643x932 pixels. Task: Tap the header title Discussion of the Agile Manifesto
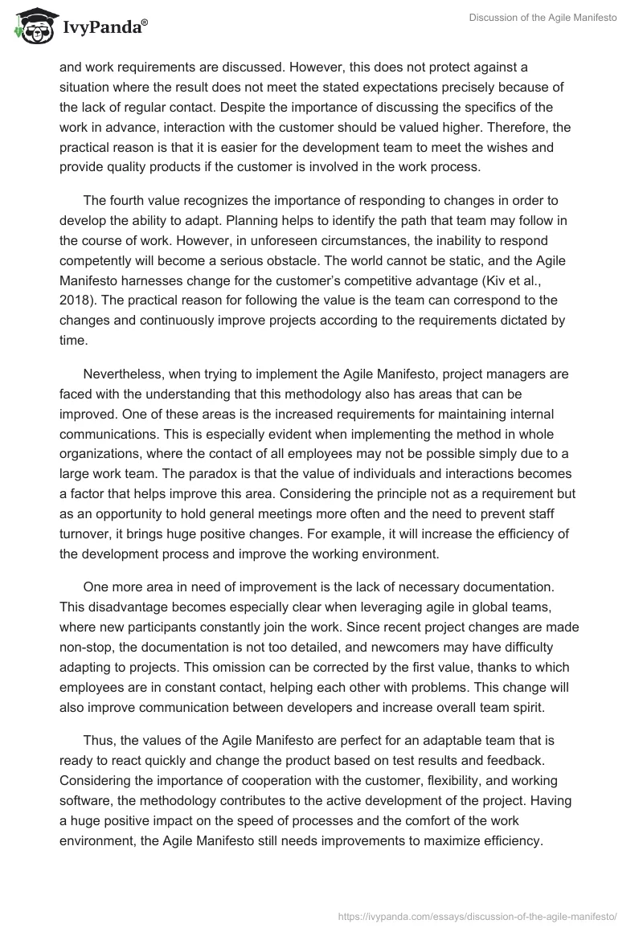coord(543,17)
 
